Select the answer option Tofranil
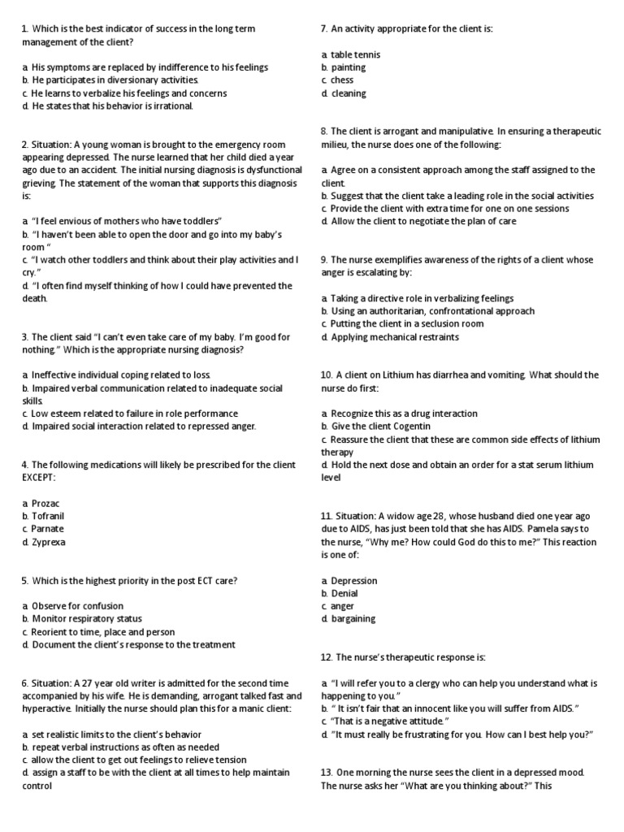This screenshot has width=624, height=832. coord(48,517)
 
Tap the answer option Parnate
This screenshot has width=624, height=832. coord(48,529)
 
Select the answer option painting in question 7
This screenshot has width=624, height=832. coord(349,67)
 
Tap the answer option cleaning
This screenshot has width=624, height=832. coord(349,93)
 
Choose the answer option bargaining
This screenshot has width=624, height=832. coord(353,619)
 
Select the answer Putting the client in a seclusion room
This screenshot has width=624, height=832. coord(407,324)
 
